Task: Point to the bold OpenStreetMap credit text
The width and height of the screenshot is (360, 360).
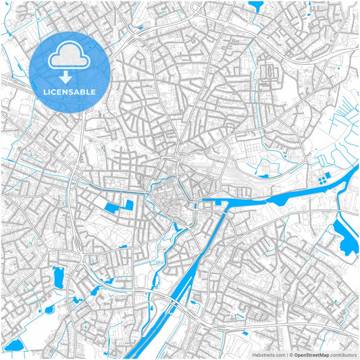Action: pyautogui.click(x=311, y=354)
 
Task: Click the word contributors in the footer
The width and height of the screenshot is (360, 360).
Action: pyautogui.click(x=343, y=354)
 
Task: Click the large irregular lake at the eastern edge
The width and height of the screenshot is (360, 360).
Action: pyautogui.click(x=347, y=238)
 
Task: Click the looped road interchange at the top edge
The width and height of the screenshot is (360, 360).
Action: pyautogui.click(x=195, y=8)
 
